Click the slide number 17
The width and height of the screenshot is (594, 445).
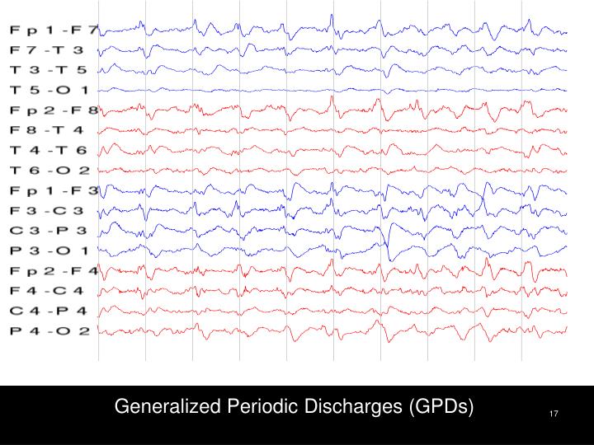[554, 413]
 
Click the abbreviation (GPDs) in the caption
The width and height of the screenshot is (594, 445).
[441, 407]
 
